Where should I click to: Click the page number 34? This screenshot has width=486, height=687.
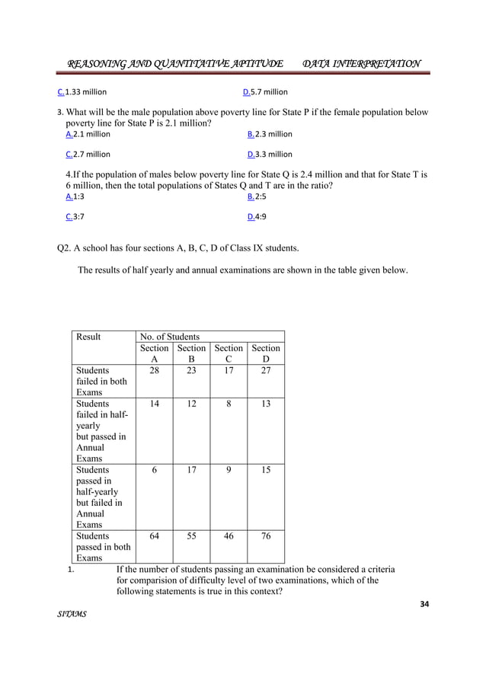424,605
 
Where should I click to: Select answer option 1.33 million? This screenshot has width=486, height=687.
82,92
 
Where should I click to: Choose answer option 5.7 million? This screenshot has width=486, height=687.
264,92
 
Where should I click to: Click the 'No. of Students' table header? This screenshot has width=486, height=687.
169,336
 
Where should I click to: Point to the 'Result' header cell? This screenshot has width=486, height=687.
88,336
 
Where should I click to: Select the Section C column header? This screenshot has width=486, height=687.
229,353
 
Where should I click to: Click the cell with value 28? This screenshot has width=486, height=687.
155,370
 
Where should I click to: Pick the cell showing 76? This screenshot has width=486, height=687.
266,535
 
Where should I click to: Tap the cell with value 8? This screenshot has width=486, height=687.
229,404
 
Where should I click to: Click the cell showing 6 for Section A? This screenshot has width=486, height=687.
155,470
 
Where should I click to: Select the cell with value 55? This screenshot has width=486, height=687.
192,535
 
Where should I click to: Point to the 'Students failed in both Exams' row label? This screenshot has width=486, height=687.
101,381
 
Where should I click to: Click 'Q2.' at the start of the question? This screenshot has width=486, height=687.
65,248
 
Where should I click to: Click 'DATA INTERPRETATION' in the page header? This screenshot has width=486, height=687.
361,63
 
